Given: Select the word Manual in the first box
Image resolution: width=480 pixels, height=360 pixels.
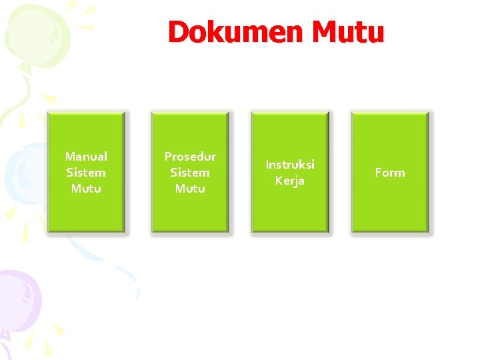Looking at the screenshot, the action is (86, 157).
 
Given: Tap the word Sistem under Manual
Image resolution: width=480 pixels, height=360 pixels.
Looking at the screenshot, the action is (86, 173).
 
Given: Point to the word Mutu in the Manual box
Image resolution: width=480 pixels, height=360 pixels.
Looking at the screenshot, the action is (86, 189).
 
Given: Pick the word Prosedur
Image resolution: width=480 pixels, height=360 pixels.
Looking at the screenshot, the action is (190, 157).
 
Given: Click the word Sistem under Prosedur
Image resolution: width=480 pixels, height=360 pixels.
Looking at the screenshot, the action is (190, 173).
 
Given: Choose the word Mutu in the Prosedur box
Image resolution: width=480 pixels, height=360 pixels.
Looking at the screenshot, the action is (190, 189).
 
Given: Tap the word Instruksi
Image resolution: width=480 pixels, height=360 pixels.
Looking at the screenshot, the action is (290, 165).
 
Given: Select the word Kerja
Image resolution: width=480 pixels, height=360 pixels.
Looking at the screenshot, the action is (290, 181).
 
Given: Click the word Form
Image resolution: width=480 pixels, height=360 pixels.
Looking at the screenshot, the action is (390, 173).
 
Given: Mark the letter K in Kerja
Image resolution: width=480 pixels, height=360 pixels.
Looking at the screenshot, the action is (279, 181).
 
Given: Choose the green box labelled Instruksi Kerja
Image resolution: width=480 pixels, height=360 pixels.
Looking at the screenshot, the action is (290, 210).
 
